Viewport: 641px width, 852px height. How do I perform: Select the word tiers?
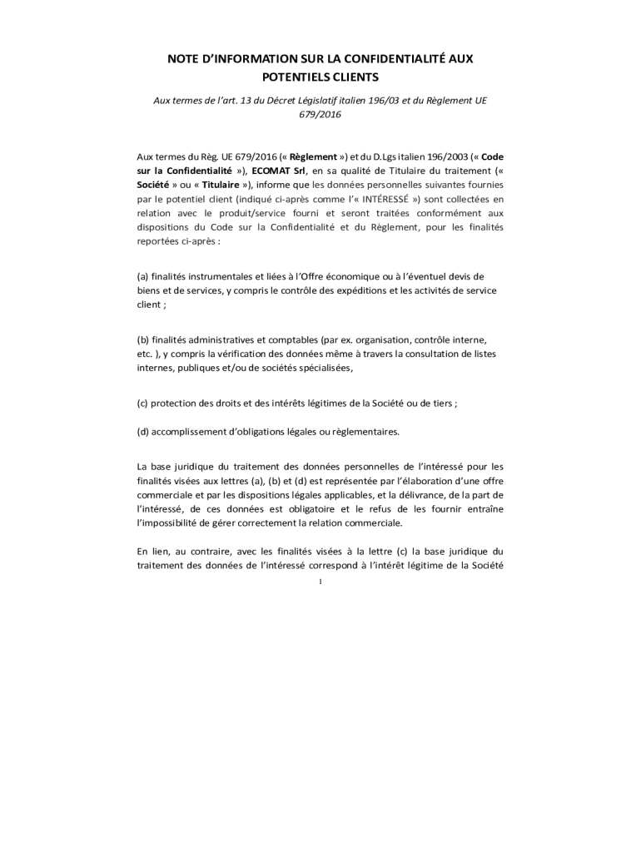[440, 403]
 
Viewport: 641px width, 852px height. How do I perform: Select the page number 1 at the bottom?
[320, 582]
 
